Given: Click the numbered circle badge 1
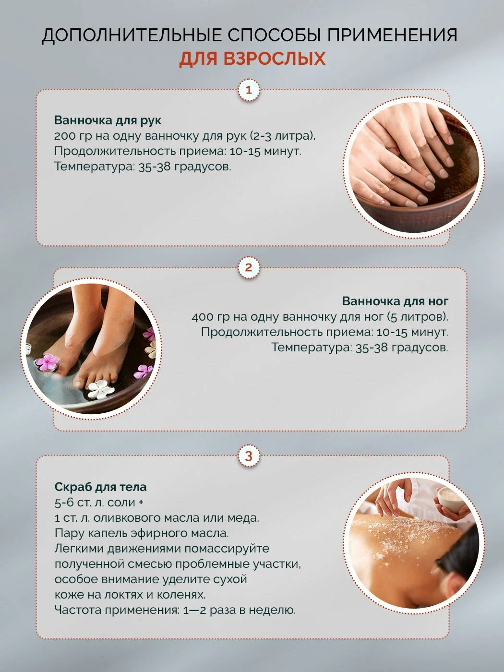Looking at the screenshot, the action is coord(249,90).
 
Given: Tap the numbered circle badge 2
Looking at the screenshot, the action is coord(249,268).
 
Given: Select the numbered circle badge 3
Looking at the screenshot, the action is coord(249,456).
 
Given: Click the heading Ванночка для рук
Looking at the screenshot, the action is coord(108,120).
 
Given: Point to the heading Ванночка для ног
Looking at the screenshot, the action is coord(395,301).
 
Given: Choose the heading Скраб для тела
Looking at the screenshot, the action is coord(100,487).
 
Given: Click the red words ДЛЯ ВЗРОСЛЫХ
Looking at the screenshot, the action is coord(252,58).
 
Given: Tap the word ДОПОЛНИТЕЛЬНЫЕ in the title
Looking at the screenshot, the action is coord(132,35).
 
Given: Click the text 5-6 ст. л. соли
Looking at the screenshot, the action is coord(95,503).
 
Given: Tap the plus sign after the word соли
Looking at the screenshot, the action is coord(141,503).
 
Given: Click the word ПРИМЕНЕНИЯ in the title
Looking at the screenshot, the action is coord(393,35).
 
